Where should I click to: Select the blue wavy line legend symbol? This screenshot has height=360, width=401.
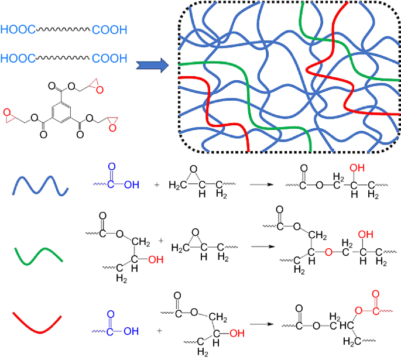click(x=40, y=186)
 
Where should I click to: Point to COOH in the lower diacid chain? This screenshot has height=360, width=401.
click(x=108, y=58)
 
